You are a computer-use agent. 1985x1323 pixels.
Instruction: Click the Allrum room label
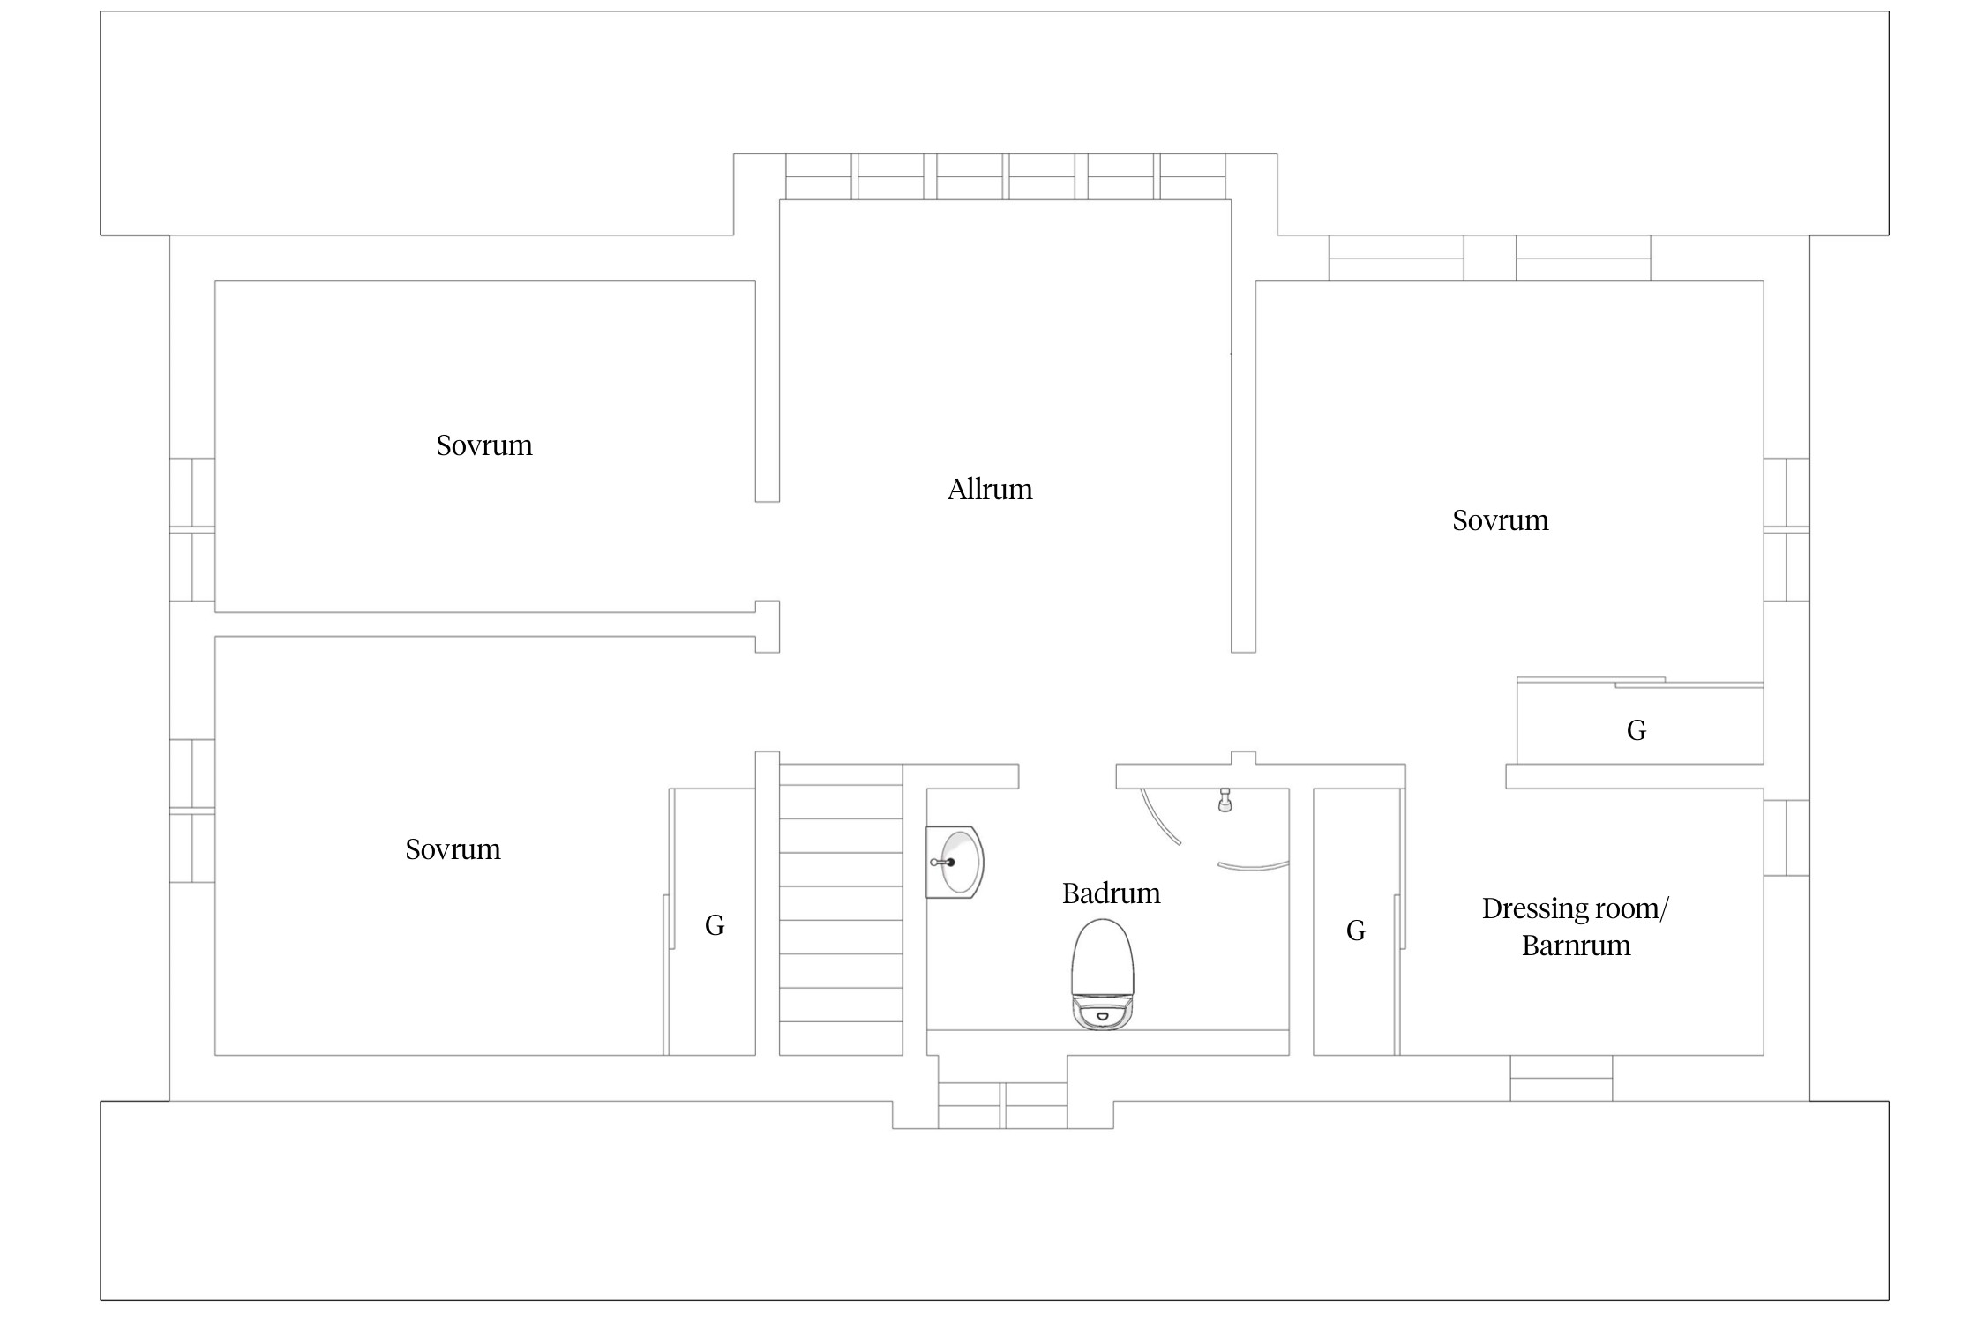click(x=990, y=490)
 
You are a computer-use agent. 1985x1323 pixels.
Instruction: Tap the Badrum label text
click(x=1111, y=893)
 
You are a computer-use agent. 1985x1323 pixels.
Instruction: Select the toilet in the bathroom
click(x=1102, y=974)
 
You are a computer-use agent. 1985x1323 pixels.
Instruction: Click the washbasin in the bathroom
click(x=955, y=862)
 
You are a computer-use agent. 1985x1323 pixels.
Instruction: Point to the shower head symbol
click(x=1225, y=800)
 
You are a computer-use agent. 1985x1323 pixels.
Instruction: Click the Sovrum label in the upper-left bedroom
click(x=484, y=445)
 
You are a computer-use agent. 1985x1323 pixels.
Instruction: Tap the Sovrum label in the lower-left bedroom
click(x=453, y=849)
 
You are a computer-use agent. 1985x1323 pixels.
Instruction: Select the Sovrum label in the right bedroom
click(x=1501, y=520)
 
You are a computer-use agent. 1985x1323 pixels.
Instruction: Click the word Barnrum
click(x=1576, y=946)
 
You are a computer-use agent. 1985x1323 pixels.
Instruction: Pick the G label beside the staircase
click(x=715, y=925)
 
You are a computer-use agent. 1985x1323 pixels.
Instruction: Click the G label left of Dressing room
click(x=1356, y=931)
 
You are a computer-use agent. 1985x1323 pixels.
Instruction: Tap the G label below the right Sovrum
click(x=1637, y=730)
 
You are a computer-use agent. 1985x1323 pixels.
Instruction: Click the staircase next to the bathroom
click(x=841, y=909)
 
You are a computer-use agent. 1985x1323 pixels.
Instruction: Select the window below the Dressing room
click(x=1562, y=1078)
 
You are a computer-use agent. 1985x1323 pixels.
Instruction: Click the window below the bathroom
click(x=1002, y=1106)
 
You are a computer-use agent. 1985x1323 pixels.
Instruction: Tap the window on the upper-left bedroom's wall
click(x=192, y=530)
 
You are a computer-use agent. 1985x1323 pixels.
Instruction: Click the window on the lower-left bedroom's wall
click(x=192, y=811)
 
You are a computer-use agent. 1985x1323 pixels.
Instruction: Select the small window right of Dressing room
click(x=1786, y=838)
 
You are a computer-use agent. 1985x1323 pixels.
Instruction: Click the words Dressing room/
click(x=1576, y=908)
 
